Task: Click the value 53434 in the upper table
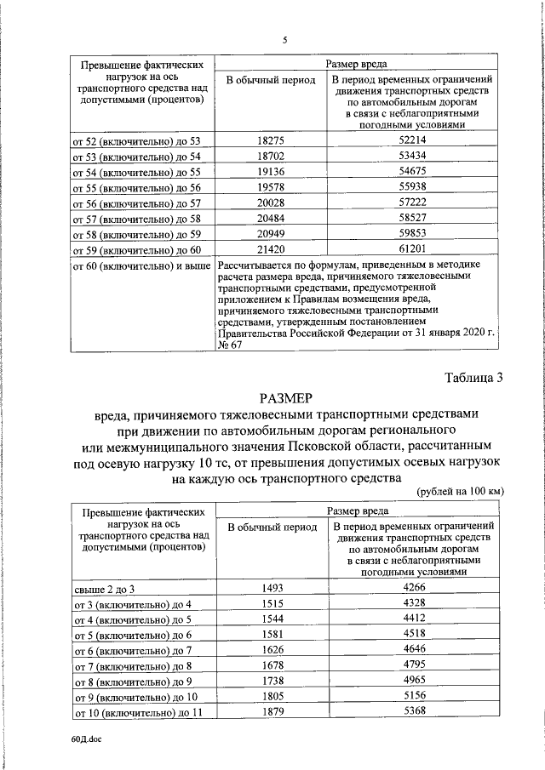point(412,157)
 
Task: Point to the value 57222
point(412,204)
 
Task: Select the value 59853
point(412,236)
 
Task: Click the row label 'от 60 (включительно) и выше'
point(143,267)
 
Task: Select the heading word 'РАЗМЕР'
point(285,397)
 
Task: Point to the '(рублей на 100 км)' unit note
point(461,493)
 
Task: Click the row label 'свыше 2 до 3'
point(105,589)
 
